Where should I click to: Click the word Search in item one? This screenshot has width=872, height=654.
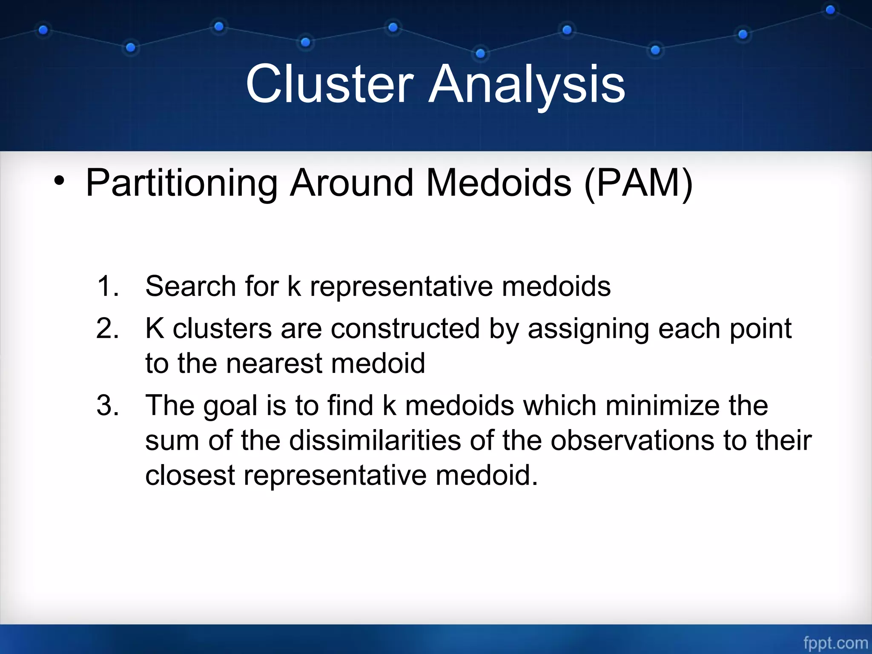190,286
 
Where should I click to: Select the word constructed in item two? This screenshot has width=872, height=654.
405,328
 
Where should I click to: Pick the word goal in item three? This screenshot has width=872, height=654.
230,406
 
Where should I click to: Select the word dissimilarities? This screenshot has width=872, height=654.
375,440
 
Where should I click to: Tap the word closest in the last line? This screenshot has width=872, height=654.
190,475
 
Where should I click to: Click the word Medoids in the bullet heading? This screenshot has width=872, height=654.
499,183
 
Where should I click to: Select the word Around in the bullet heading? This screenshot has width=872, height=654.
352,183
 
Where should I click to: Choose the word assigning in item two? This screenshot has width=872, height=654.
588,329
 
